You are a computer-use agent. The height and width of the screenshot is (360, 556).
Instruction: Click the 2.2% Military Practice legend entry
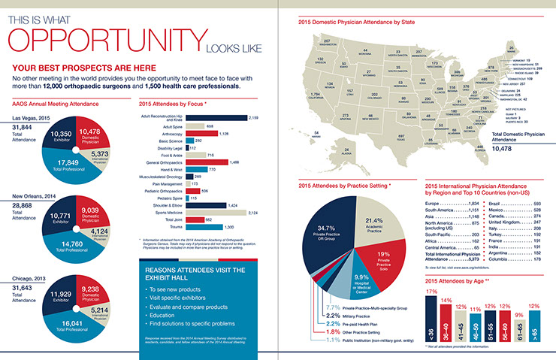coord(353,315)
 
